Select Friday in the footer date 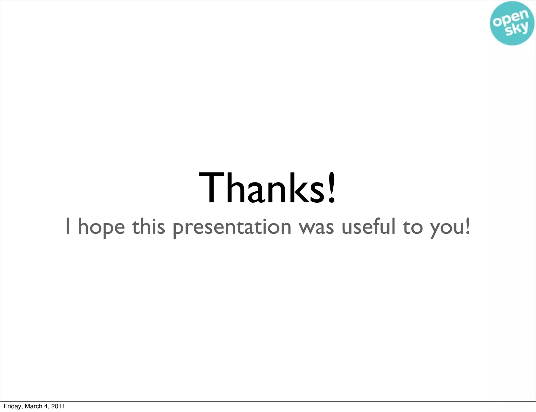13,406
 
